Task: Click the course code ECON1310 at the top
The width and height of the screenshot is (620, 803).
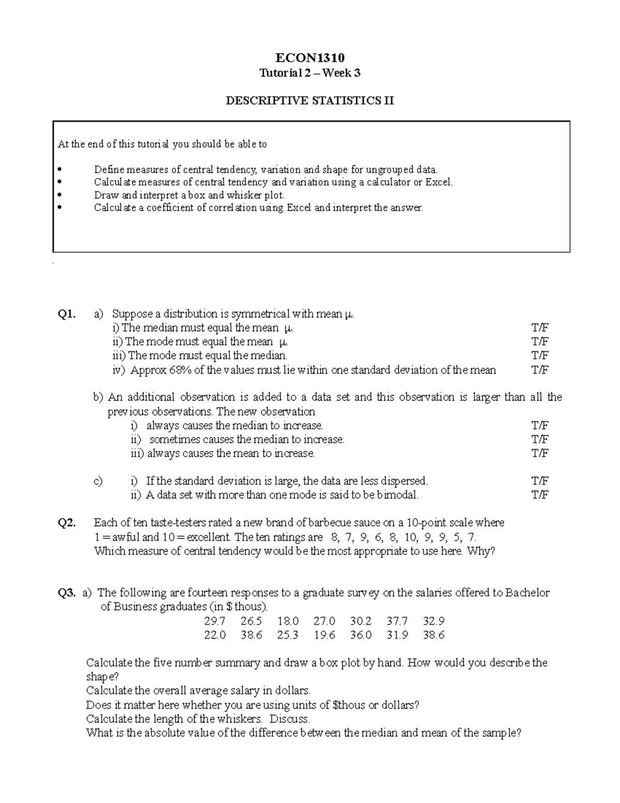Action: (309, 57)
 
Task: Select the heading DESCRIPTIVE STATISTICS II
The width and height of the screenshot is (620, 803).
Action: (309, 101)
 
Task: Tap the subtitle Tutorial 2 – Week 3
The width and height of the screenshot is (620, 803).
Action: (309, 73)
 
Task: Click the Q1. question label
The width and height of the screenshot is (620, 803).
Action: (67, 314)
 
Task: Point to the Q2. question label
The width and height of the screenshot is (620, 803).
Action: (67, 523)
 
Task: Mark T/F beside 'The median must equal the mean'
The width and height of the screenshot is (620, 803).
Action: (540, 328)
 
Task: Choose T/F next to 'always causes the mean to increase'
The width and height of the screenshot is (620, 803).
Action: (540, 453)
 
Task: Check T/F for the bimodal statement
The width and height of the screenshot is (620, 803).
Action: (540, 495)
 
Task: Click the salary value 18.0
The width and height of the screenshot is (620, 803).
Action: (288, 621)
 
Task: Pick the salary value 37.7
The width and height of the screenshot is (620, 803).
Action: (397, 621)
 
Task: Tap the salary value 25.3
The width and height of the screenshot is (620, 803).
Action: (288, 635)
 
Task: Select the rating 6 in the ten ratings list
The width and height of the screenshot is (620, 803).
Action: (380, 537)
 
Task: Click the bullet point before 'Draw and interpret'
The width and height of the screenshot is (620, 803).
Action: (60, 195)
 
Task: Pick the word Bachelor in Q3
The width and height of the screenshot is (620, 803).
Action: (528, 593)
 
